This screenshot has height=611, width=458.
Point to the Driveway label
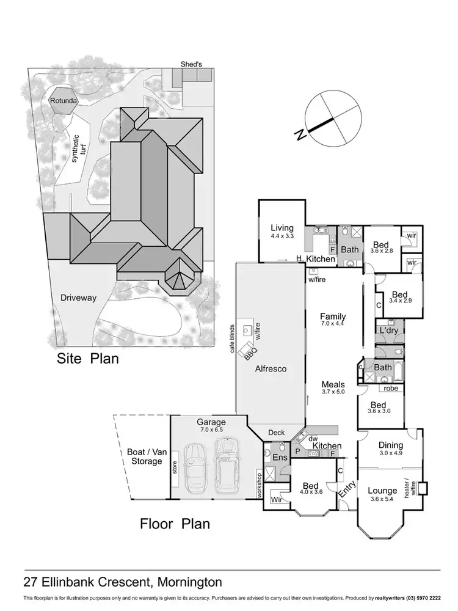click(78, 298)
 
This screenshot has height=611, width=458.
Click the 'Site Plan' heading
click(87, 358)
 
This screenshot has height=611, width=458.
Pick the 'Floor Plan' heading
click(175, 523)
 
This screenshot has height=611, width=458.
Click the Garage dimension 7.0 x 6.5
click(211, 430)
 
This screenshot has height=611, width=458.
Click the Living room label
click(282, 228)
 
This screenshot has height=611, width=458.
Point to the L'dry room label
click(389, 330)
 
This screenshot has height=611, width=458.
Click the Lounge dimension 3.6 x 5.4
click(383, 499)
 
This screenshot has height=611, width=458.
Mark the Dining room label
click(391, 445)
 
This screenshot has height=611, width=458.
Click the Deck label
click(277, 433)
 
